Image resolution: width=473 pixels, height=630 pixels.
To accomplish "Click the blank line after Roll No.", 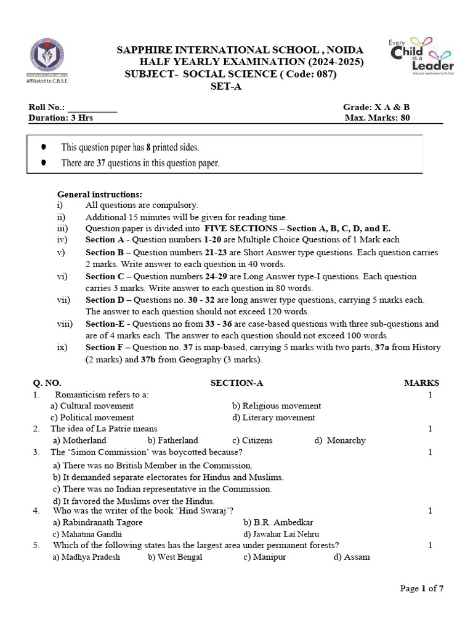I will click(x=92, y=107).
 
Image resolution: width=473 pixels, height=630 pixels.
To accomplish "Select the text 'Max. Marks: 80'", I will click(x=377, y=118).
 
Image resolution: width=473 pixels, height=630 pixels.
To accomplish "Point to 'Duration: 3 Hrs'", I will click(x=61, y=118).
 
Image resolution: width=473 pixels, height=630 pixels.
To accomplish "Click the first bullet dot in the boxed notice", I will click(x=42, y=148).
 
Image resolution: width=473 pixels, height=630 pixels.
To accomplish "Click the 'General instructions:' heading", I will click(x=99, y=194).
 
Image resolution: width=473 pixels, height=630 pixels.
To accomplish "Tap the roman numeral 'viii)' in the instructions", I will click(x=65, y=324).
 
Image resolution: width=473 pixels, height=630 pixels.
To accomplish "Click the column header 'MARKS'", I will click(x=421, y=383).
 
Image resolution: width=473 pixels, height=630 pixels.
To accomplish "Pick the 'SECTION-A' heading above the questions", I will click(x=236, y=383).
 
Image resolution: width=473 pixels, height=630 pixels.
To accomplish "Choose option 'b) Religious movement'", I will click(x=277, y=406).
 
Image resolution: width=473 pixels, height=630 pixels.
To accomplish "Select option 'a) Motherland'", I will click(x=79, y=441).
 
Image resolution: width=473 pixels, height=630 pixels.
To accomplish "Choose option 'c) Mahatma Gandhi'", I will click(x=87, y=534).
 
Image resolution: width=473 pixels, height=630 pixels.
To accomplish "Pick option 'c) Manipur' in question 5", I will click(x=264, y=557).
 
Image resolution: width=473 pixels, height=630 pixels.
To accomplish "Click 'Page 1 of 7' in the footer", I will click(x=421, y=589).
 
